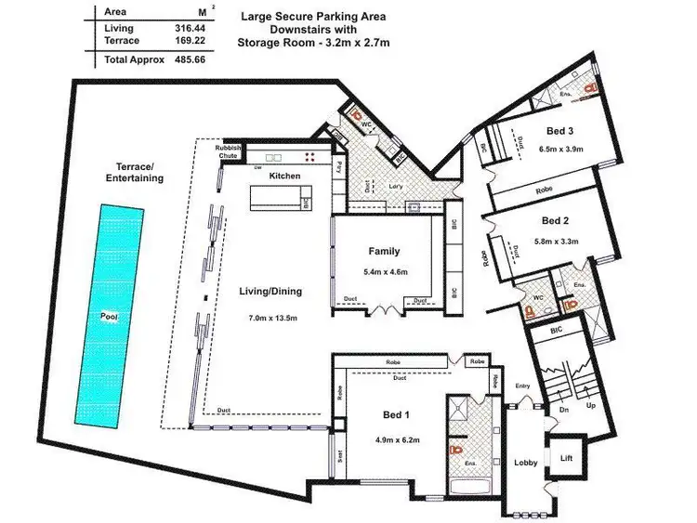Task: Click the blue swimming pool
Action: (111, 317)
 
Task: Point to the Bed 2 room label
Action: (555, 221)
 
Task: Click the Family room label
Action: (384, 252)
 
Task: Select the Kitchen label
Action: (284, 176)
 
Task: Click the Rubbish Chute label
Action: (229, 152)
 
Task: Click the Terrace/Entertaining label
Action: (134, 172)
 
